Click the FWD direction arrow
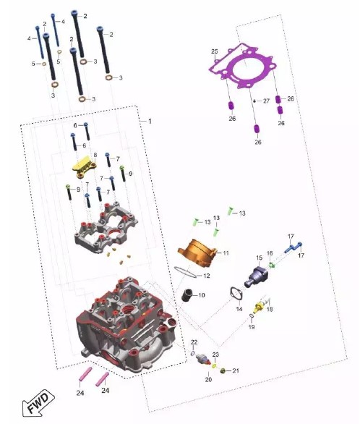point(38,402)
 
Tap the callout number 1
point(150,121)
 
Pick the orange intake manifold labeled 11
point(197,253)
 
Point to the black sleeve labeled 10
point(187,295)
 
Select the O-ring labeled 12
point(185,272)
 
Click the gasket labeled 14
point(236,294)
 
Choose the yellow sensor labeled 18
point(260,304)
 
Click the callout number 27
point(266,101)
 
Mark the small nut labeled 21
point(223,370)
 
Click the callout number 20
point(208,380)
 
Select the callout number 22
point(194,342)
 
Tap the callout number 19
point(252,327)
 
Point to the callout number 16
point(270,253)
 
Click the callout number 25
point(215,51)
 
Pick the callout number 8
point(95,155)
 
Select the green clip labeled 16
point(271,264)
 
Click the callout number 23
point(215,355)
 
